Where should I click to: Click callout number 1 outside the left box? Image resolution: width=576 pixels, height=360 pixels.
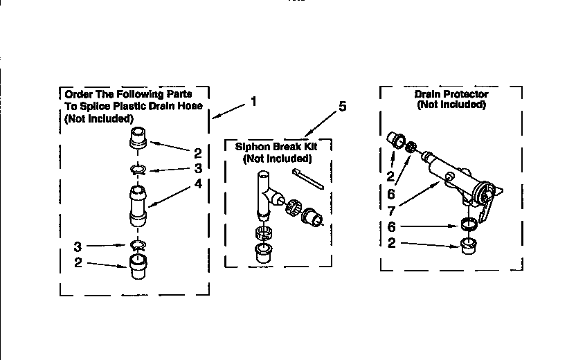click(x=253, y=101)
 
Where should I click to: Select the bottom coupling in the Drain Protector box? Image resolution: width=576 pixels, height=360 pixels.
click(x=471, y=244)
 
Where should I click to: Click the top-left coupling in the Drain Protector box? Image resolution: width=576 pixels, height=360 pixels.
click(x=398, y=141)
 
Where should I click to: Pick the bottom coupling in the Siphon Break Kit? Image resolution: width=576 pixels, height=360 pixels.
click(x=264, y=250)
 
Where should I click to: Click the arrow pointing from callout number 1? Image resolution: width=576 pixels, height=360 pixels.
click(x=229, y=110)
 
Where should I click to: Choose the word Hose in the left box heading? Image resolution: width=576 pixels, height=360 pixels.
click(x=190, y=106)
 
